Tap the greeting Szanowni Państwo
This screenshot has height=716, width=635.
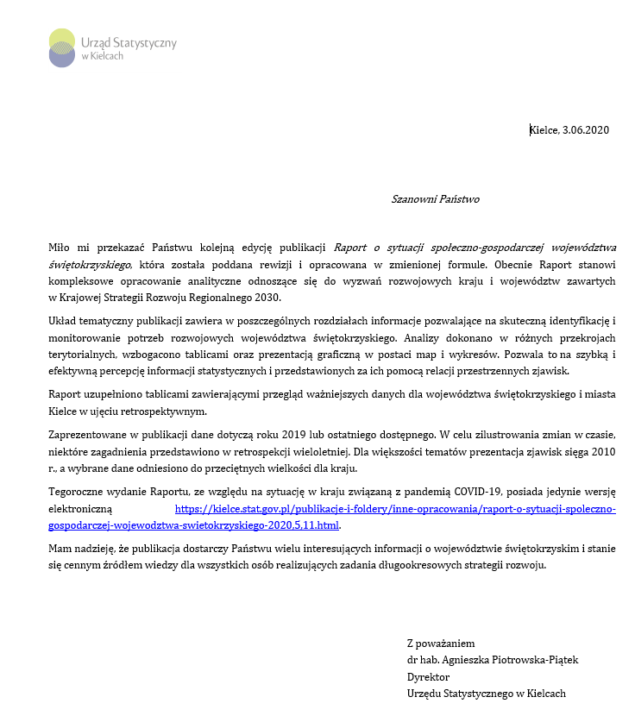435,199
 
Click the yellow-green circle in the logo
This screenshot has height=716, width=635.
62,40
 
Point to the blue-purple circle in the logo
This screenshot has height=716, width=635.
62,56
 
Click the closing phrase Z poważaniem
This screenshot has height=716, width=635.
440,643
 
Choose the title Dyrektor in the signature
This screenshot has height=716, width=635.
428,676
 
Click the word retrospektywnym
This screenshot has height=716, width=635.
152,411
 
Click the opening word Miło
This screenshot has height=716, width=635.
60,248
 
